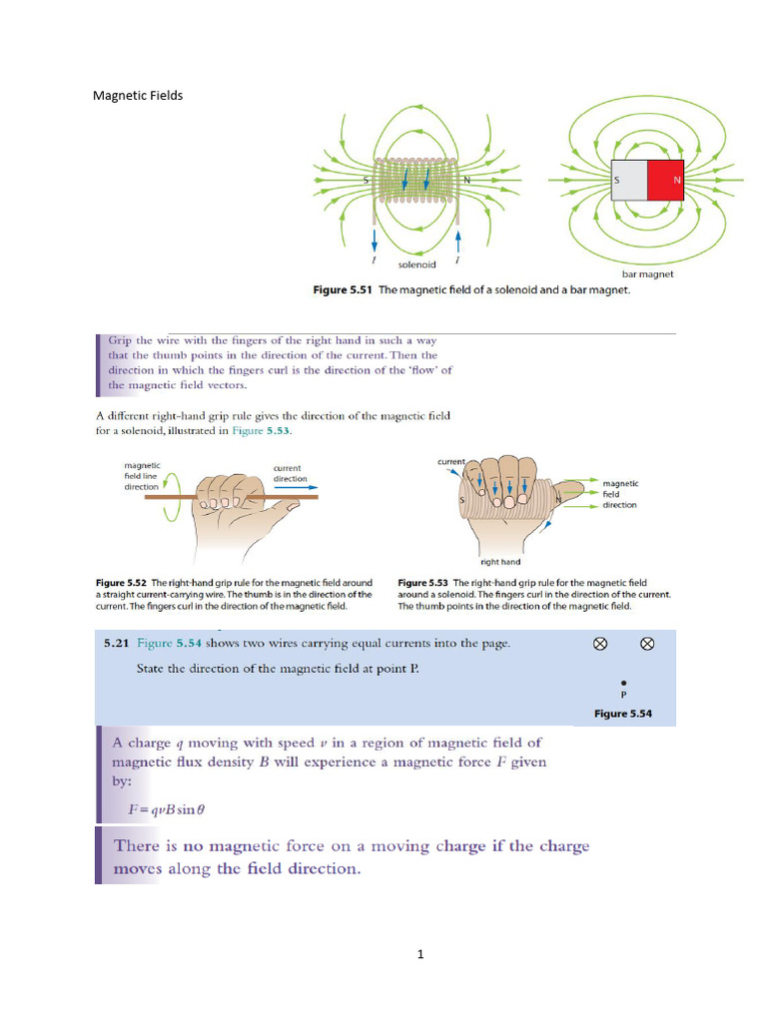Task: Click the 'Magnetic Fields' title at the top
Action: (138, 96)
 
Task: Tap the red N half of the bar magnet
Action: (665, 180)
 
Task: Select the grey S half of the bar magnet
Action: (628, 180)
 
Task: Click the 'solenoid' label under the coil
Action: (417, 264)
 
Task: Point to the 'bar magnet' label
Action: (647, 272)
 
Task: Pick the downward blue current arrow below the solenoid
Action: (375, 241)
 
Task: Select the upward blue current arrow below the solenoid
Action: (457, 241)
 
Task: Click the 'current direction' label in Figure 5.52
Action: (290, 472)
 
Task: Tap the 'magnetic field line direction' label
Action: (141, 475)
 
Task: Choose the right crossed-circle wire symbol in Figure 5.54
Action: (646, 644)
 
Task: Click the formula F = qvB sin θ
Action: (173, 809)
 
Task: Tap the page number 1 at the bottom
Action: (420, 954)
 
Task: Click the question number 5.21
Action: (116, 644)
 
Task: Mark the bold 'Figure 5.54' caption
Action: (622, 714)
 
